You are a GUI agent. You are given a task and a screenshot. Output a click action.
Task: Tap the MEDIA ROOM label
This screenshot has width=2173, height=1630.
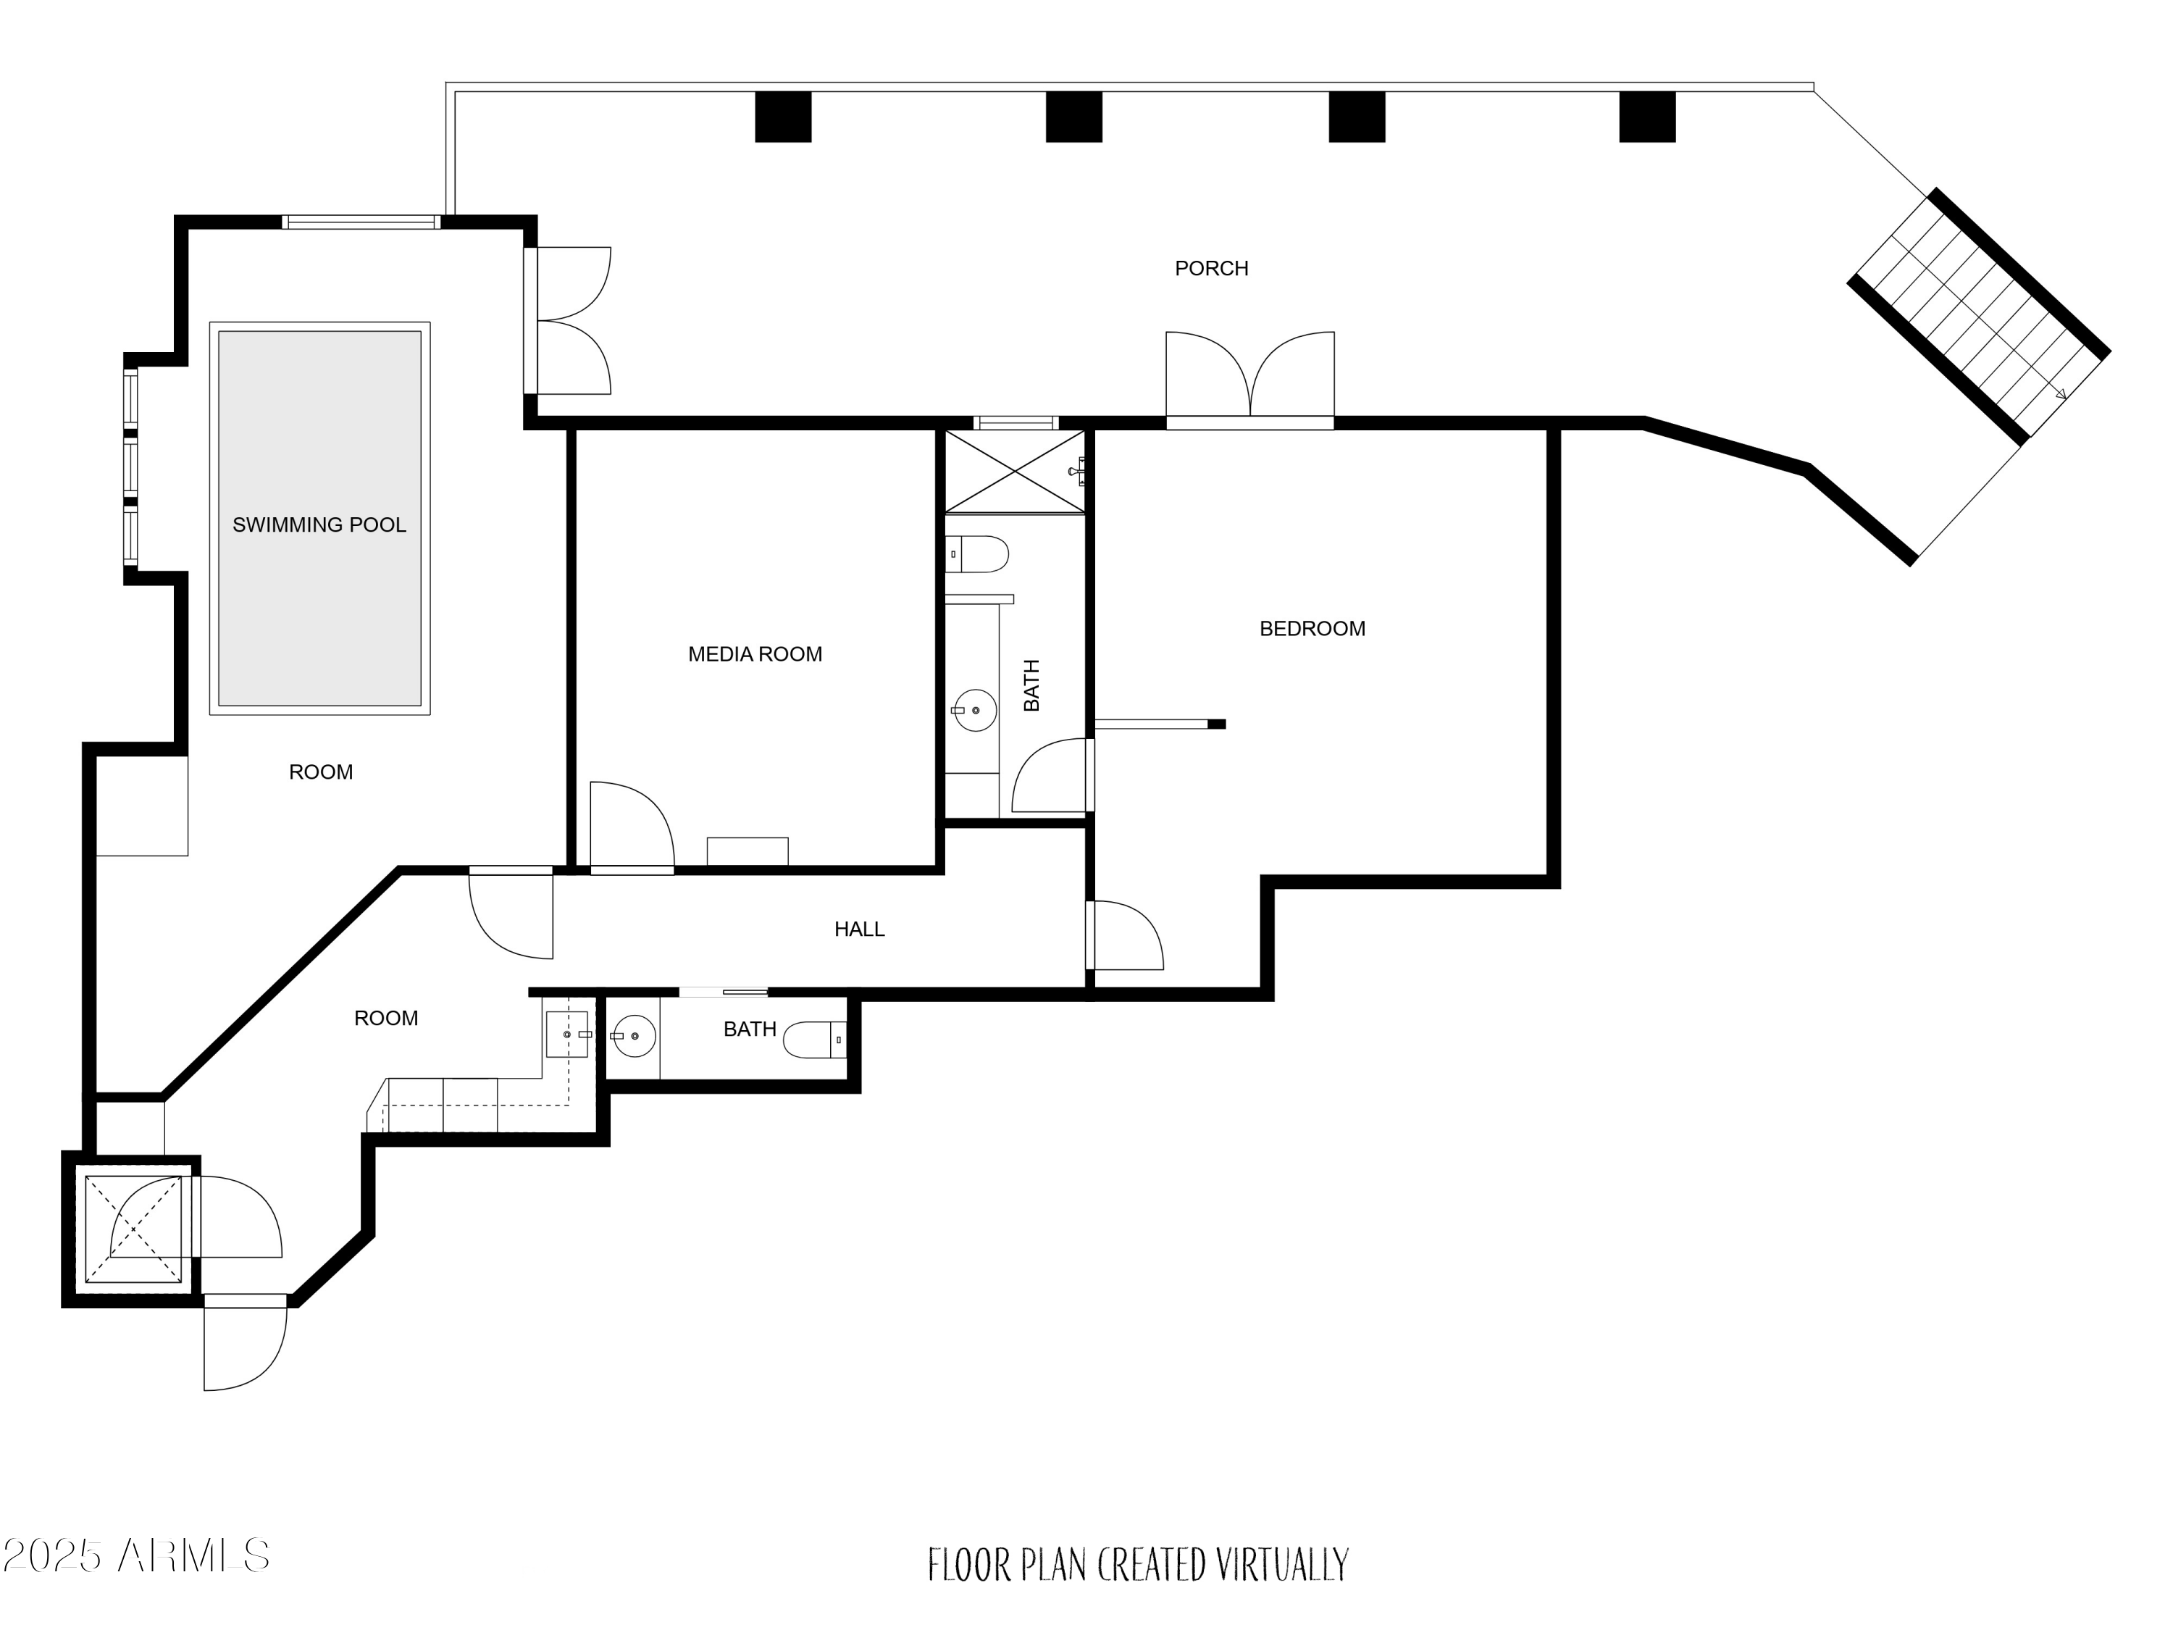[x=755, y=654]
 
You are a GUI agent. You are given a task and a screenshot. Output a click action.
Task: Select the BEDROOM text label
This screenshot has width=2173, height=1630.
[x=1312, y=629]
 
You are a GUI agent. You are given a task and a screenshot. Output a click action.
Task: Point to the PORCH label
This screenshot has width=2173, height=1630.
[x=1211, y=268]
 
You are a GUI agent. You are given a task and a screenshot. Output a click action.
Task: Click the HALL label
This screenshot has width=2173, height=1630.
[x=860, y=929]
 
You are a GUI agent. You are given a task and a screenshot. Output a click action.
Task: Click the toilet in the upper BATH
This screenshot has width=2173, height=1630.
[x=977, y=554]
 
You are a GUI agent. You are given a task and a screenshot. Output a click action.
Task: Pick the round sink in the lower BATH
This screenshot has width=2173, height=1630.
[x=634, y=1035]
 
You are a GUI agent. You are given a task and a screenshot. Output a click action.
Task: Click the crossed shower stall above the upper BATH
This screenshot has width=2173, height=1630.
[x=1016, y=472]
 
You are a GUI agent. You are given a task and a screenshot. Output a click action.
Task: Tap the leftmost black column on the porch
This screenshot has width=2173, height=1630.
[x=783, y=117]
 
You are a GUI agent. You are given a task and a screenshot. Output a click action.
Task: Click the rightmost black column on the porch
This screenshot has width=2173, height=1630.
[x=1647, y=117]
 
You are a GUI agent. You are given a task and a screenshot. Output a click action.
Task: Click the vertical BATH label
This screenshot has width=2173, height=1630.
[x=1031, y=686]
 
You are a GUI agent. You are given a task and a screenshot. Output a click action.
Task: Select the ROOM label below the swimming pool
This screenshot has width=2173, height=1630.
[x=321, y=772]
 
